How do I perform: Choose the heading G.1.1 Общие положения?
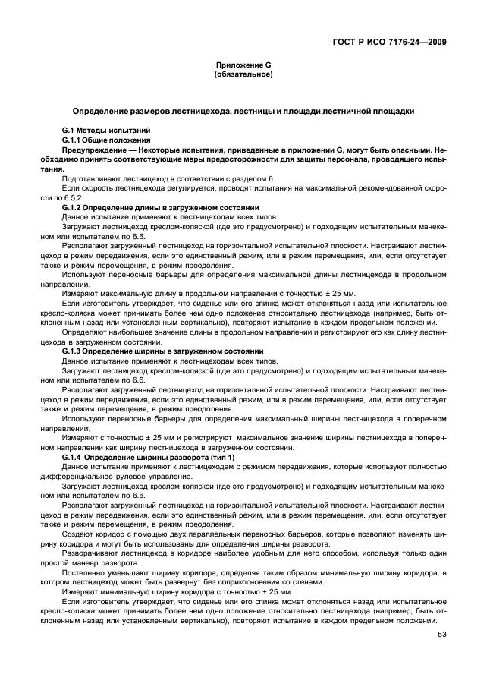(105, 140)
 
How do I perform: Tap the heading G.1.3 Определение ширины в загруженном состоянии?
(162, 351)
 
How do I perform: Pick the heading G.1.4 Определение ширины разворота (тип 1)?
(149, 458)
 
